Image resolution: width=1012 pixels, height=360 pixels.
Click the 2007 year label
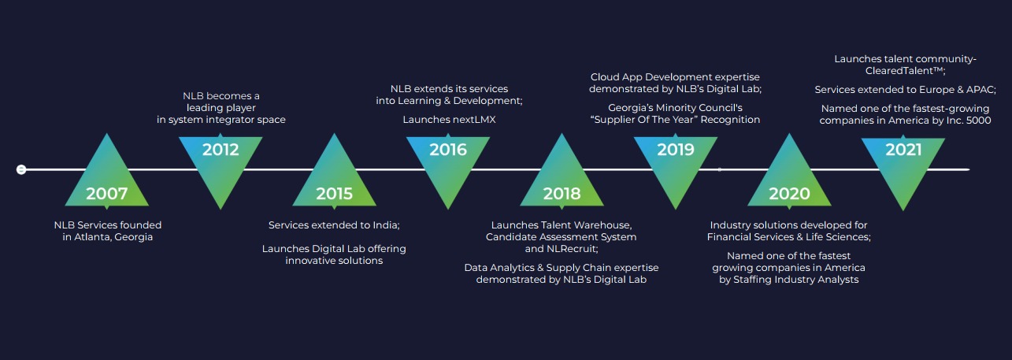(x=106, y=193)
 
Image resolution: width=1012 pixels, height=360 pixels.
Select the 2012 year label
(x=221, y=150)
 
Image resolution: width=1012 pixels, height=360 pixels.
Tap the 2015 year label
(x=335, y=193)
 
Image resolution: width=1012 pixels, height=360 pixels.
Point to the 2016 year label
(x=447, y=150)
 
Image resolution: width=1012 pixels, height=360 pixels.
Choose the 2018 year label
(x=562, y=193)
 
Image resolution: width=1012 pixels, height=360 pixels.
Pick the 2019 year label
(x=676, y=150)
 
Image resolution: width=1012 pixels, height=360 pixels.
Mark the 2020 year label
(x=789, y=193)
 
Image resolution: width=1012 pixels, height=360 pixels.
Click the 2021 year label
(x=903, y=150)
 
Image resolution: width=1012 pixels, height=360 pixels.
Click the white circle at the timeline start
(x=20, y=169)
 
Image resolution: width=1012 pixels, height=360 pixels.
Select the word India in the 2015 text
(x=386, y=225)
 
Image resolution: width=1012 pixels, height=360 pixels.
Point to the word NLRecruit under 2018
(x=572, y=248)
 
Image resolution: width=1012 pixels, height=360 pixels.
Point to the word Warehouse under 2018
(x=604, y=225)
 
